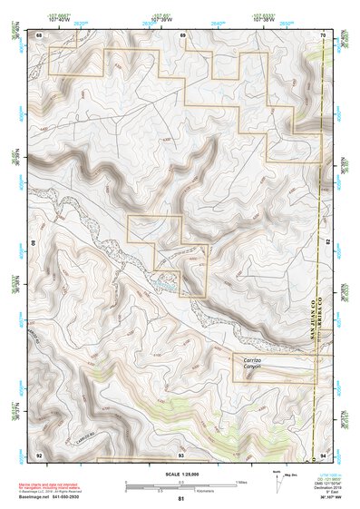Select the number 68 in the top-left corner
tap(39, 35)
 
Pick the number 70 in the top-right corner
tap(323, 35)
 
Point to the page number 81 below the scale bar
tap(180, 499)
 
